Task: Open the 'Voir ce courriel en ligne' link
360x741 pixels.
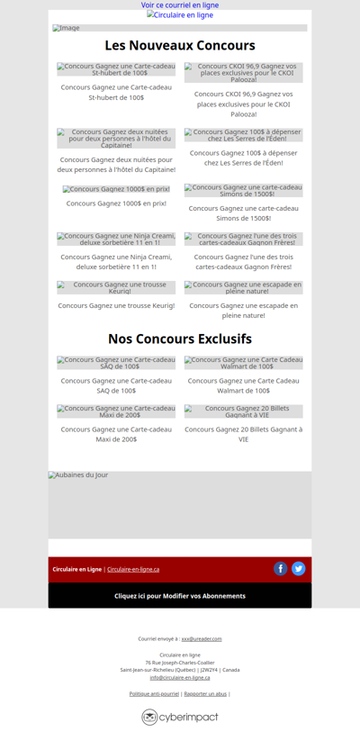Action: pyautogui.click(x=180, y=5)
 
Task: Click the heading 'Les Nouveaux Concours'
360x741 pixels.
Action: pyautogui.click(x=180, y=45)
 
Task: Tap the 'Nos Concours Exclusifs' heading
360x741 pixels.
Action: pyautogui.click(x=180, y=339)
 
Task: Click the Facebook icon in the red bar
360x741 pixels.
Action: pyautogui.click(x=281, y=569)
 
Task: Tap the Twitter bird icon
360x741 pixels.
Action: pyautogui.click(x=299, y=569)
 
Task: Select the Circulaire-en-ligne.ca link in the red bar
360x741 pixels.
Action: pyautogui.click(x=133, y=569)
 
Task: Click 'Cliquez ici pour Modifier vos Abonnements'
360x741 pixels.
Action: pyautogui.click(x=180, y=596)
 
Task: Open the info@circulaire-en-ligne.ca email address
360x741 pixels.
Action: pyautogui.click(x=180, y=677)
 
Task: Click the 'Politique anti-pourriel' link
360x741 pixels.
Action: pyautogui.click(x=154, y=693)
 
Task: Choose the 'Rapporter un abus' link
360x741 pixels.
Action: pyautogui.click(x=205, y=693)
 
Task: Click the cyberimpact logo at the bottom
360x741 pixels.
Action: pyautogui.click(x=180, y=717)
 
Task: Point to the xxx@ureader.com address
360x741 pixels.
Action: pyautogui.click(x=202, y=638)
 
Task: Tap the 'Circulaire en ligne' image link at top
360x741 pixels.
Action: pyautogui.click(x=180, y=15)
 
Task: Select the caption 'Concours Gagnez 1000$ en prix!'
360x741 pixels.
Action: pyautogui.click(x=116, y=203)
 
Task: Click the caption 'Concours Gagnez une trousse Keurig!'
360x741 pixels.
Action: pyautogui.click(x=116, y=305)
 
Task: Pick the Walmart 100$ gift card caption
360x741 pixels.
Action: pyautogui.click(x=244, y=385)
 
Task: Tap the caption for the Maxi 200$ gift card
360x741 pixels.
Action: pyautogui.click(x=116, y=434)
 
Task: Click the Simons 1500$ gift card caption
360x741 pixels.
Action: pyautogui.click(x=244, y=212)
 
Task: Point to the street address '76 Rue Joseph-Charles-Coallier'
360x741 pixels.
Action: pyautogui.click(x=180, y=663)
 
